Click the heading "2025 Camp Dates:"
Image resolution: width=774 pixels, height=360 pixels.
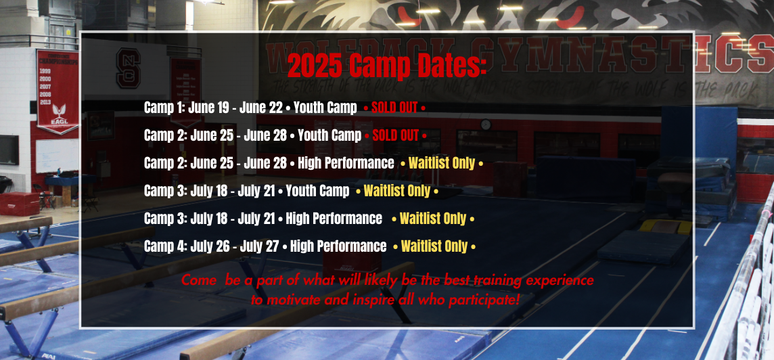pos(387,65)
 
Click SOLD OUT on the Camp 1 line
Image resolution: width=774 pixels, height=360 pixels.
pos(394,108)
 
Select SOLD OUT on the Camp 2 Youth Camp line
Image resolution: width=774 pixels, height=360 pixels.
pos(395,135)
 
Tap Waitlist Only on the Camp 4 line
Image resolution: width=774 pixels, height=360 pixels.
pos(434,246)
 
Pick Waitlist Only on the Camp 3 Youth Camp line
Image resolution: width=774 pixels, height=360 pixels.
pos(397,191)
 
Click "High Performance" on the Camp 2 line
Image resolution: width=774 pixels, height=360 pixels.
pos(346,163)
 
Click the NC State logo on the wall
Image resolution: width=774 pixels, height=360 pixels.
pos(129,68)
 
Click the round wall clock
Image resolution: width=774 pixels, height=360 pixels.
pos(486,125)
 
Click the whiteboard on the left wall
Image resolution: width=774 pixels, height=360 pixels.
pos(58,156)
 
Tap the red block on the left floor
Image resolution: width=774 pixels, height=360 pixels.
pos(19,204)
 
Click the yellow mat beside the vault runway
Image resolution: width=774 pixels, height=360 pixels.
pos(665,227)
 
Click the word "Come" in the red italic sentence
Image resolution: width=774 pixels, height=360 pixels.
pos(198,281)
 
